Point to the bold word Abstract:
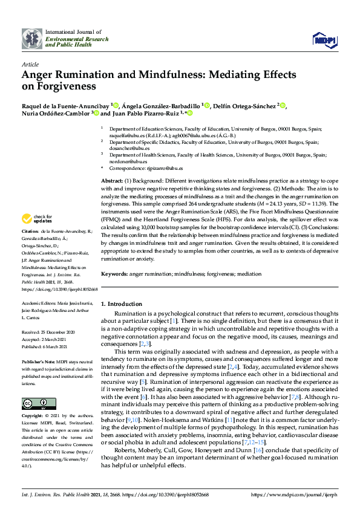113,181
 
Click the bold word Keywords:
114,274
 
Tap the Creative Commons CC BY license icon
31,403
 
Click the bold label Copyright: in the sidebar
33,417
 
